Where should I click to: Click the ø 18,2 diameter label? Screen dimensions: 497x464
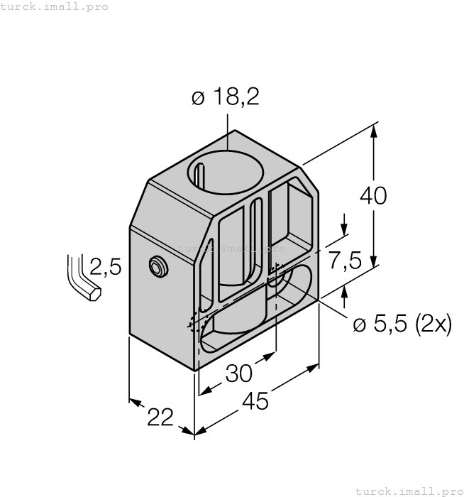point(225,98)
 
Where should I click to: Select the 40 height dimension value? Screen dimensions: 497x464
point(373,195)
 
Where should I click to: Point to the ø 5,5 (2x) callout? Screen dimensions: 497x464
point(402,324)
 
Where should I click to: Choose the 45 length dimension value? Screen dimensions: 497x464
point(255,401)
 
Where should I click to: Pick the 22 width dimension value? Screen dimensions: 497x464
point(160,418)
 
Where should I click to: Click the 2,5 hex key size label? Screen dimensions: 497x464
point(106,267)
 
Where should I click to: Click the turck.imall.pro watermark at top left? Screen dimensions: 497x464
point(55,6)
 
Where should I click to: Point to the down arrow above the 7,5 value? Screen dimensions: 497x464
point(345,226)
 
